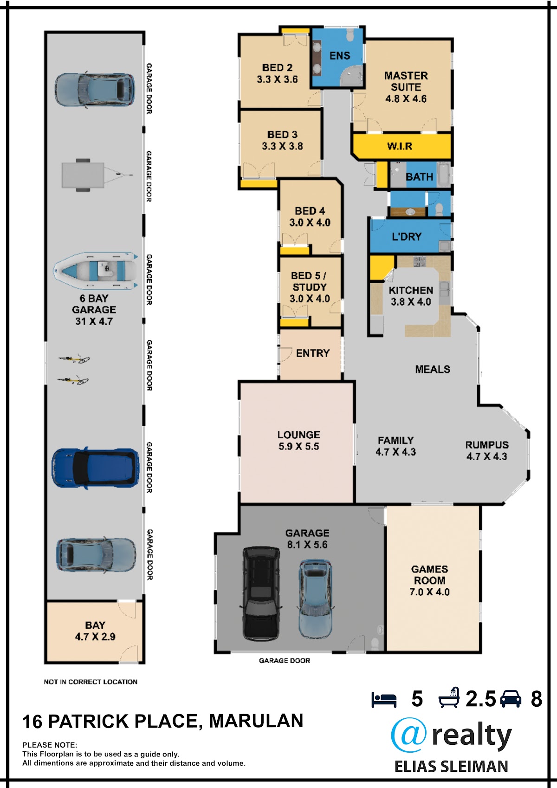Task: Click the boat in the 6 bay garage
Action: click(95, 271)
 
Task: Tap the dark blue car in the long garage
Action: click(95, 468)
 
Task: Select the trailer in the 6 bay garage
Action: click(97, 175)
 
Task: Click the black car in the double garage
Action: click(261, 594)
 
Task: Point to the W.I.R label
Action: click(400, 146)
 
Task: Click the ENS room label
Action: click(340, 56)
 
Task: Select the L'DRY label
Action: click(407, 237)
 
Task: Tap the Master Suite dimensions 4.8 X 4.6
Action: click(406, 98)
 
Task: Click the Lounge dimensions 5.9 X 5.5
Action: click(299, 446)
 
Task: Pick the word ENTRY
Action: click(313, 353)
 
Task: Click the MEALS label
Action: click(433, 369)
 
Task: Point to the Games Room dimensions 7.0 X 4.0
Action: click(429, 592)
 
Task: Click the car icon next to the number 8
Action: click(511, 699)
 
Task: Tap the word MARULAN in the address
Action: click(256, 721)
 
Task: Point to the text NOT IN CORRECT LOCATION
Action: click(91, 682)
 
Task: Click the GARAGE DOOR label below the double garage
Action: click(285, 661)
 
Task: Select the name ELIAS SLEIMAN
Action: click(451, 767)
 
